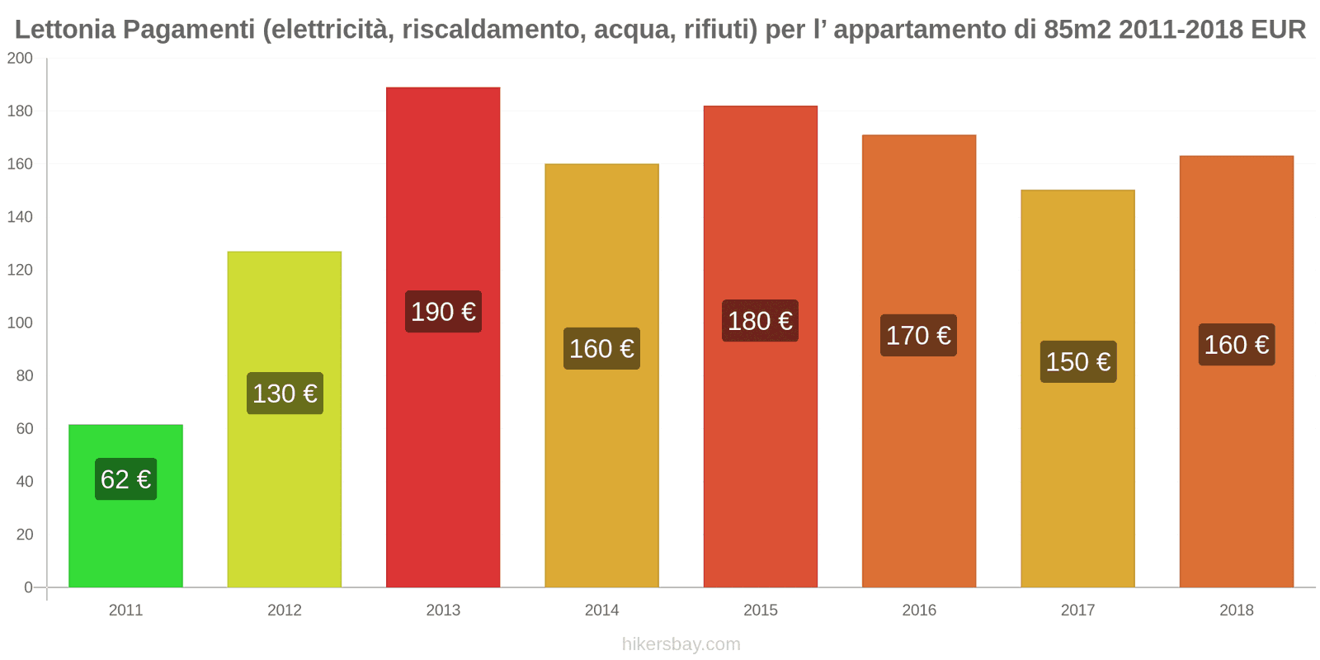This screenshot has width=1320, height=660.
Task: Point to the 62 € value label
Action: (x=125, y=479)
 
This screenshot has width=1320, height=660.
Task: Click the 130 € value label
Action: (x=285, y=394)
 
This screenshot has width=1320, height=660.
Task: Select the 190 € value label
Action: (x=443, y=312)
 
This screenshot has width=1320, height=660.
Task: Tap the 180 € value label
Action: (x=760, y=321)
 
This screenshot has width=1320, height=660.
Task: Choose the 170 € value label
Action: (x=918, y=336)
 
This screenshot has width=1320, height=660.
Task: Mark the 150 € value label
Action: (x=1077, y=362)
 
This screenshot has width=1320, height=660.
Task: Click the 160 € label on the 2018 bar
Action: (x=1236, y=345)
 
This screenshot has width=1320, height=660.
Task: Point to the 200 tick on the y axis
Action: (x=20, y=59)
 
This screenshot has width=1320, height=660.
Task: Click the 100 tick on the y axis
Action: (x=20, y=323)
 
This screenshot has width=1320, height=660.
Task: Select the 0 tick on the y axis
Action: (x=28, y=587)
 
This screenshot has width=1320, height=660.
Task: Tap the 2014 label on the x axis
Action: (x=601, y=610)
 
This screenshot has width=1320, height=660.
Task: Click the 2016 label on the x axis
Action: (x=918, y=610)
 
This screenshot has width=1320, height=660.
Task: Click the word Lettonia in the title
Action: (x=65, y=30)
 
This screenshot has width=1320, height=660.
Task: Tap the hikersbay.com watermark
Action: (x=681, y=644)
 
